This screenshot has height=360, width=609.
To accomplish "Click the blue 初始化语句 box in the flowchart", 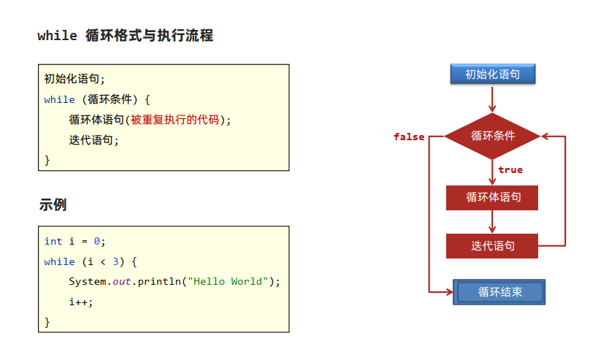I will [x=493, y=74].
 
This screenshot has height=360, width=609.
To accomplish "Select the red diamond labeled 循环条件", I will [x=493, y=136].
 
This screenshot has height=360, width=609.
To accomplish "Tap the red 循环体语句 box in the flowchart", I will [x=493, y=197].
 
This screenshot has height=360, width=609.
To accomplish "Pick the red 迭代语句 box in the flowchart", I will [x=493, y=246].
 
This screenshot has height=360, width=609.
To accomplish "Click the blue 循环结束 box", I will [x=499, y=292].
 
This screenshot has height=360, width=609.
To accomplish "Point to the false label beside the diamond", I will [x=409, y=137].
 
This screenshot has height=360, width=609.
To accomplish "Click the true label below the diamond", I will [x=510, y=170].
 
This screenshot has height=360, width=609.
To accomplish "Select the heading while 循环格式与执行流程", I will [x=125, y=35].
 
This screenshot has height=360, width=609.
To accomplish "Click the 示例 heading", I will [x=53, y=205].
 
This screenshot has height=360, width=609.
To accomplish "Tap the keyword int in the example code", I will [x=53, y=241].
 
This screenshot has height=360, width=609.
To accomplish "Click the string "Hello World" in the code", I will [x=229, y=281].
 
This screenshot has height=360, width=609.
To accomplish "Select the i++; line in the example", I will [x=82, y=301].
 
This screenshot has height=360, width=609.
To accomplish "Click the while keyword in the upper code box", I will [x=59, y=99].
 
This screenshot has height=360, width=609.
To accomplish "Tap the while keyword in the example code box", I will [x=59, y=261].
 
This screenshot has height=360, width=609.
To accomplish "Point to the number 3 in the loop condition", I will [x=115, y=261].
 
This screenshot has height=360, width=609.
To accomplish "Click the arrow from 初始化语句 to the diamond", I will [x=493, y=98].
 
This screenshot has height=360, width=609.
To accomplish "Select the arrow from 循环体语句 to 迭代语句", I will [x=493, y=221].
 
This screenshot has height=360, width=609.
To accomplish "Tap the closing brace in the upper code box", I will [x=47, y=159].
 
